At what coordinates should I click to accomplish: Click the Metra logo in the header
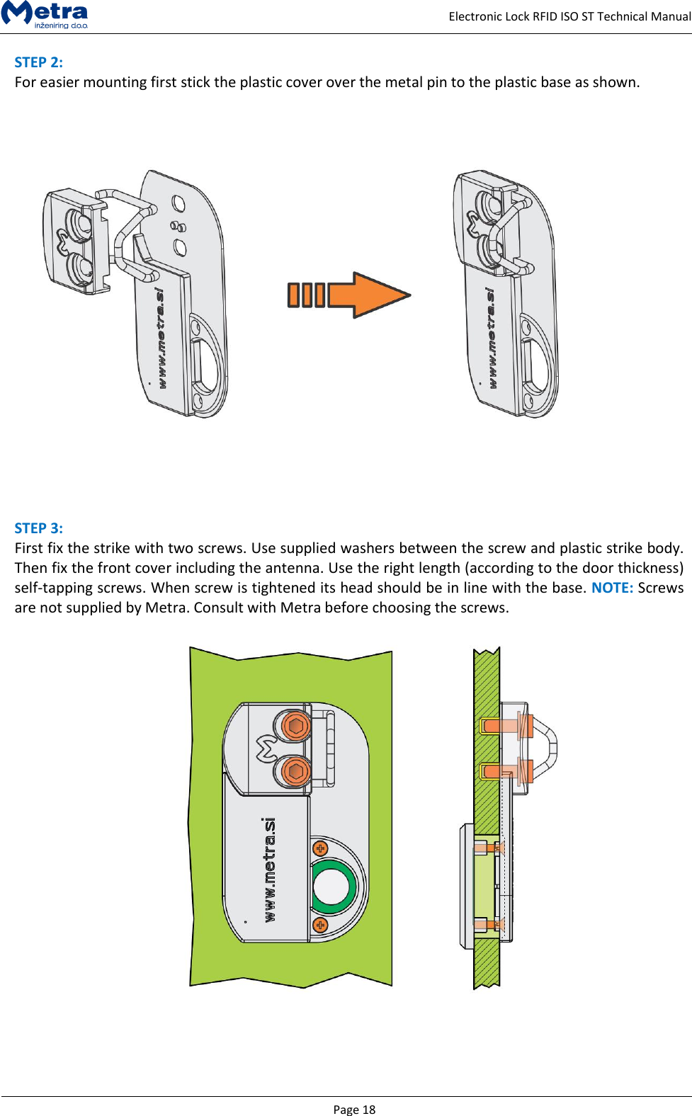click(x=45, y=14)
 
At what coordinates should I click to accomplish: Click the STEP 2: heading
click(x=39, y=62)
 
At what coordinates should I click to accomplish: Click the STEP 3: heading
click(x=39, y=528)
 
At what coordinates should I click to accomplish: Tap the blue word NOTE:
click(x=612, y=588)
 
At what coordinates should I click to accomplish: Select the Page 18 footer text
click(x=354, y=1109)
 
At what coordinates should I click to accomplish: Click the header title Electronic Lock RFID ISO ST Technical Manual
click(x=569, y=16)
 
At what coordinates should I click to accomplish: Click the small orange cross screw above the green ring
click(x=320, y=848)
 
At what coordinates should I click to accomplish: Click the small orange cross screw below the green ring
click(x=320, y=925)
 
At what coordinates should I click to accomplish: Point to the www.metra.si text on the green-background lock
click(x=269, y=870)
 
